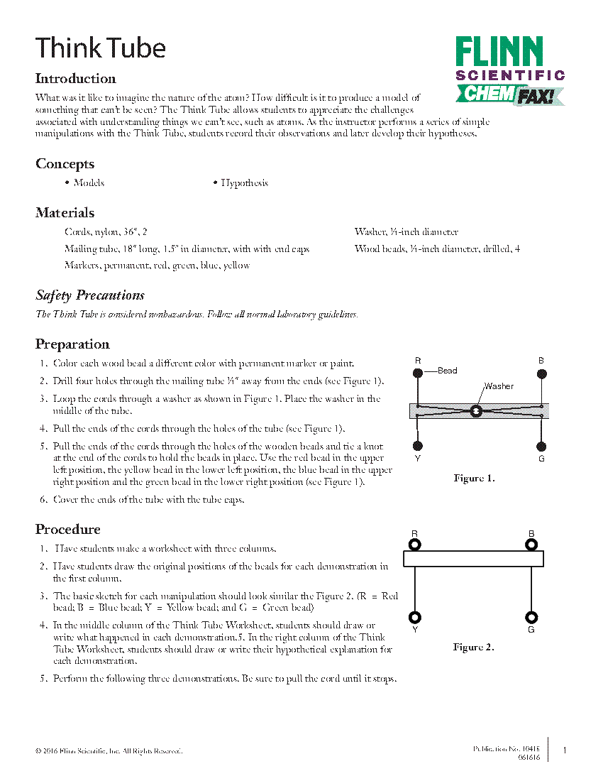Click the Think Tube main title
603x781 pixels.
100,48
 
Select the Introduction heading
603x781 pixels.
75,79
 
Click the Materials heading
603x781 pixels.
65,213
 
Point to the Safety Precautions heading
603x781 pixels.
90,295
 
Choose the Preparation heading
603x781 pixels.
72,344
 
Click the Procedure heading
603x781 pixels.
68,530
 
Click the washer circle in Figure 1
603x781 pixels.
476,411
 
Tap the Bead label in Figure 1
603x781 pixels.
447,371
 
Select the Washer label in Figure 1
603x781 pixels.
498,386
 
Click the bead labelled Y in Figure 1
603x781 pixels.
418,446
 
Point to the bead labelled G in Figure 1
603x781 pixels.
541,447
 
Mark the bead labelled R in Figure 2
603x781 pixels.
415,545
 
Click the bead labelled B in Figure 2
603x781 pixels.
531,545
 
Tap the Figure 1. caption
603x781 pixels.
474,479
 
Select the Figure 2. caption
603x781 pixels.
473,647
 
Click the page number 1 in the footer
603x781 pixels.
565,750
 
